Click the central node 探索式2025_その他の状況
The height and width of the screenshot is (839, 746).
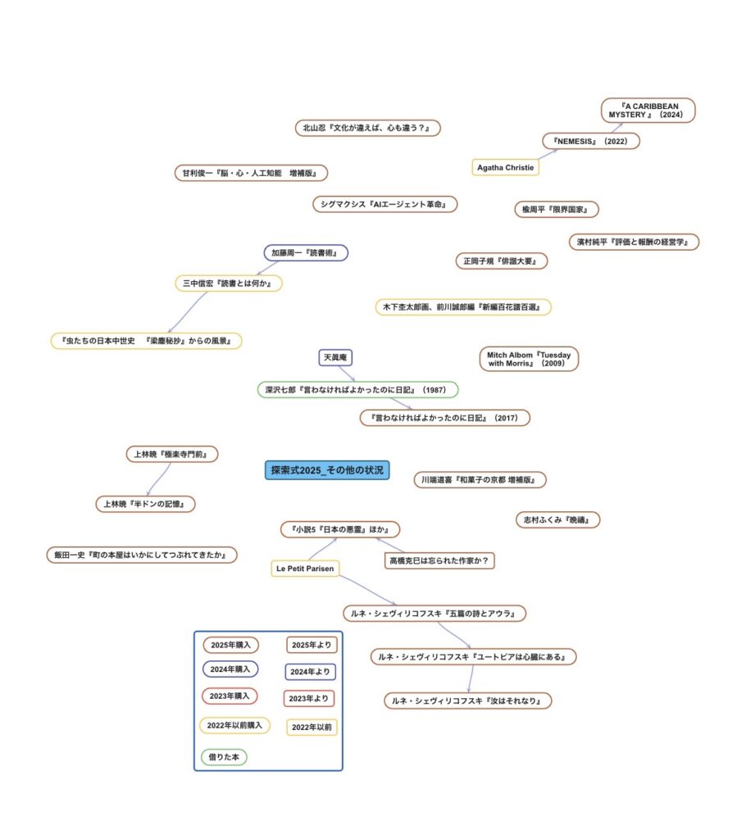(x=327, y=470)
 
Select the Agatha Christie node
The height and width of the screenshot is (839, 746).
(x=506, y=167)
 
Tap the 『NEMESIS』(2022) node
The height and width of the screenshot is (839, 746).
(x=590, y=141)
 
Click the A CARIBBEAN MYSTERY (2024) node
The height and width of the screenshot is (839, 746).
(x=648, y=111)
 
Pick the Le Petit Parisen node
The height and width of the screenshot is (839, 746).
(x=305, y=568)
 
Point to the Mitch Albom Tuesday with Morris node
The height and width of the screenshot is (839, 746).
(x=529, y=359)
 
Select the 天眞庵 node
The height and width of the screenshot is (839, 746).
(x=335, y=357)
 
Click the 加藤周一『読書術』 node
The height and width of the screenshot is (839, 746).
(x=307, y=252)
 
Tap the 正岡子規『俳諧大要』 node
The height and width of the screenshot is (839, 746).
(x=501, y=261)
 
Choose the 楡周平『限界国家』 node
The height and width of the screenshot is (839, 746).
(x=556, y=210)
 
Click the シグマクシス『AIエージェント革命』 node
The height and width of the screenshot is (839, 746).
(x=384, y=204)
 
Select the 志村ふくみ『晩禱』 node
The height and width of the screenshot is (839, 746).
(x=557, y=519)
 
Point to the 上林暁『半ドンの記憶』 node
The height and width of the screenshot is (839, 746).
(x=146, y=504)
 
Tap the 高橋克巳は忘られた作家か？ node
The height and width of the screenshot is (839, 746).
(x=441, y=560)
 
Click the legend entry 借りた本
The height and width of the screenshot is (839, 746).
(x=224, y=757)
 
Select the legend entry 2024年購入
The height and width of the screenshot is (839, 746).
(x=230, y=669)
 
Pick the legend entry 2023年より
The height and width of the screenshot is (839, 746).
(x=310, y=699)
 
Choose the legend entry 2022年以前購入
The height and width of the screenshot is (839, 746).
(x=234, y=725)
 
